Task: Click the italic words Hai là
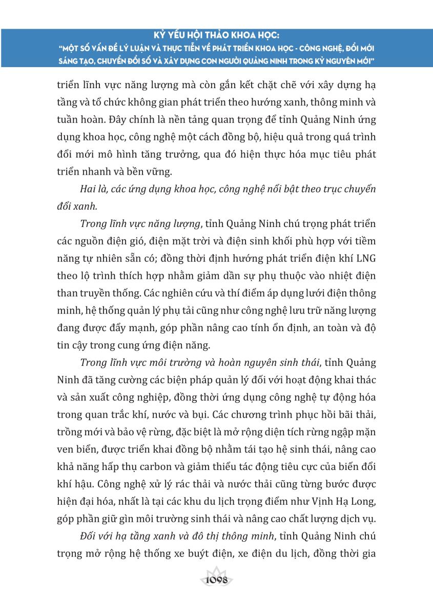point(94,189)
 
